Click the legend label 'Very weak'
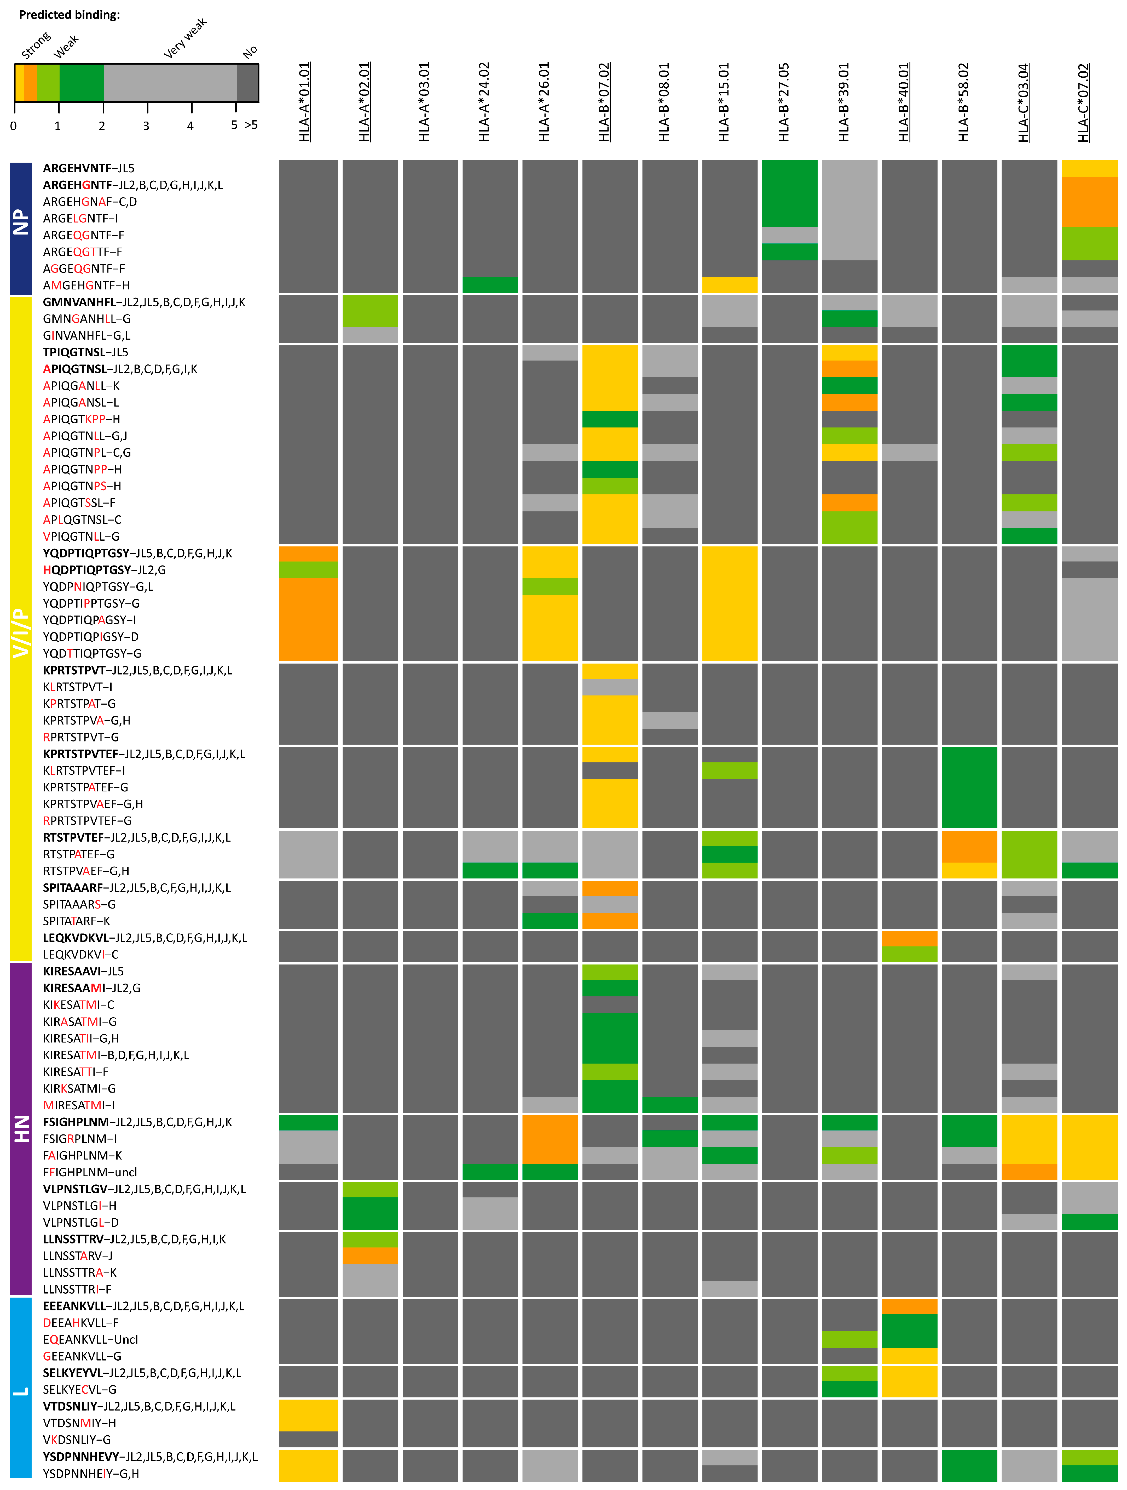[x=185, y=38]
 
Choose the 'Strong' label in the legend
[x=36, y=45]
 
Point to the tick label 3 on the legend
[x=146, y=126]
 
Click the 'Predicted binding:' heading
[x=69, y=14]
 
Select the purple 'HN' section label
[x=21, y=1128]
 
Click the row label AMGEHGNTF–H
[x=86, y=285]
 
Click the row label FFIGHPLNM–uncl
[x=90, y=1172]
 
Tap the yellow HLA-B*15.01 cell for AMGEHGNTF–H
[x=729, y=285]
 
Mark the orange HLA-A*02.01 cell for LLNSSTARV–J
[x=369, y=1255]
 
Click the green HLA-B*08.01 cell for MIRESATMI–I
[x=669, y=1105]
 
